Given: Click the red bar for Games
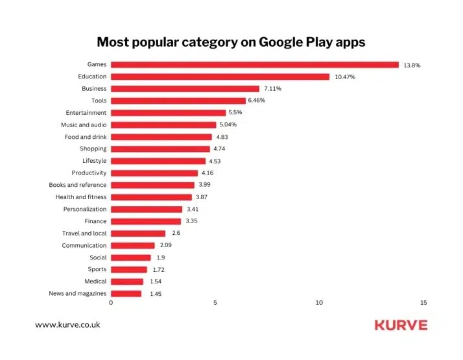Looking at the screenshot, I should pyautogui.click(x=254, y=65).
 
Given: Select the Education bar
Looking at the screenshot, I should pyautogui.click(x=220, y=77).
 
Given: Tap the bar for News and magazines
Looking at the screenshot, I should pyautogui.click(x=126, y=294).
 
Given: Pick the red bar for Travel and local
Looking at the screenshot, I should pyautogui.click(x=138, y=234).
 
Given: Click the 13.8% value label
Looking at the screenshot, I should pyautogui.click(x=412, y=65).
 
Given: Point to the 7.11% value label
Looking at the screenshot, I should pyautogui.click(x=272, y=89).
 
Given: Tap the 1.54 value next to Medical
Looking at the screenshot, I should pyautogui.click(x=153, y=282).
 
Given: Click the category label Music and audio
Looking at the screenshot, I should pyautogui.click(x=84, y=125).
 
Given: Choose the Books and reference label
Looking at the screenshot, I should pyautogui.click(x=78, y=185).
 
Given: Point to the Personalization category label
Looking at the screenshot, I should pyautogui.click(x=85, y=209).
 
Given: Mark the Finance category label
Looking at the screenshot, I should pyautogui.click(x=95, y=221).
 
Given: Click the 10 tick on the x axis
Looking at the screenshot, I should pyautogui.click(x=319, y=303).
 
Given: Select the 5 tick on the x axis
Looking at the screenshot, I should pyautogui.click(x=215, y=303).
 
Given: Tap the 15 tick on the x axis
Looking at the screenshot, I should pyautogui.click(x=423, y=303).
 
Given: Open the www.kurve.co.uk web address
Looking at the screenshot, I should pyautogui.click(x=67, y=324).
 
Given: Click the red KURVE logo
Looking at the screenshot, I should pyautogui.click(x=401, y=324).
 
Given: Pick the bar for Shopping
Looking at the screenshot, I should pyautogui.click(x=160, y=149).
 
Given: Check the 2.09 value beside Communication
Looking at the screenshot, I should pyautogui.click(x=165, y=245).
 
